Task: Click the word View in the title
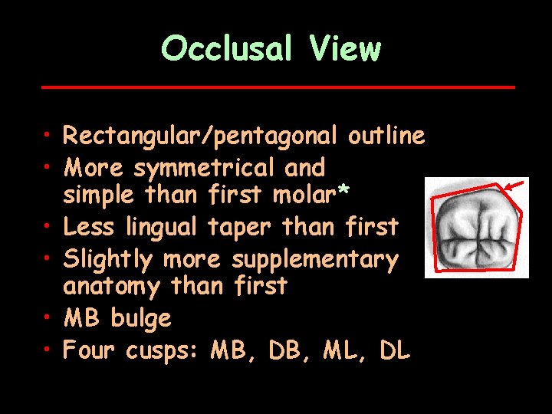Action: [346, 49]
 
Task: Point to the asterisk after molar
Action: [344, 192]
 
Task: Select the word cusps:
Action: [159, 351]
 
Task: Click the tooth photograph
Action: [475, 228]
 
